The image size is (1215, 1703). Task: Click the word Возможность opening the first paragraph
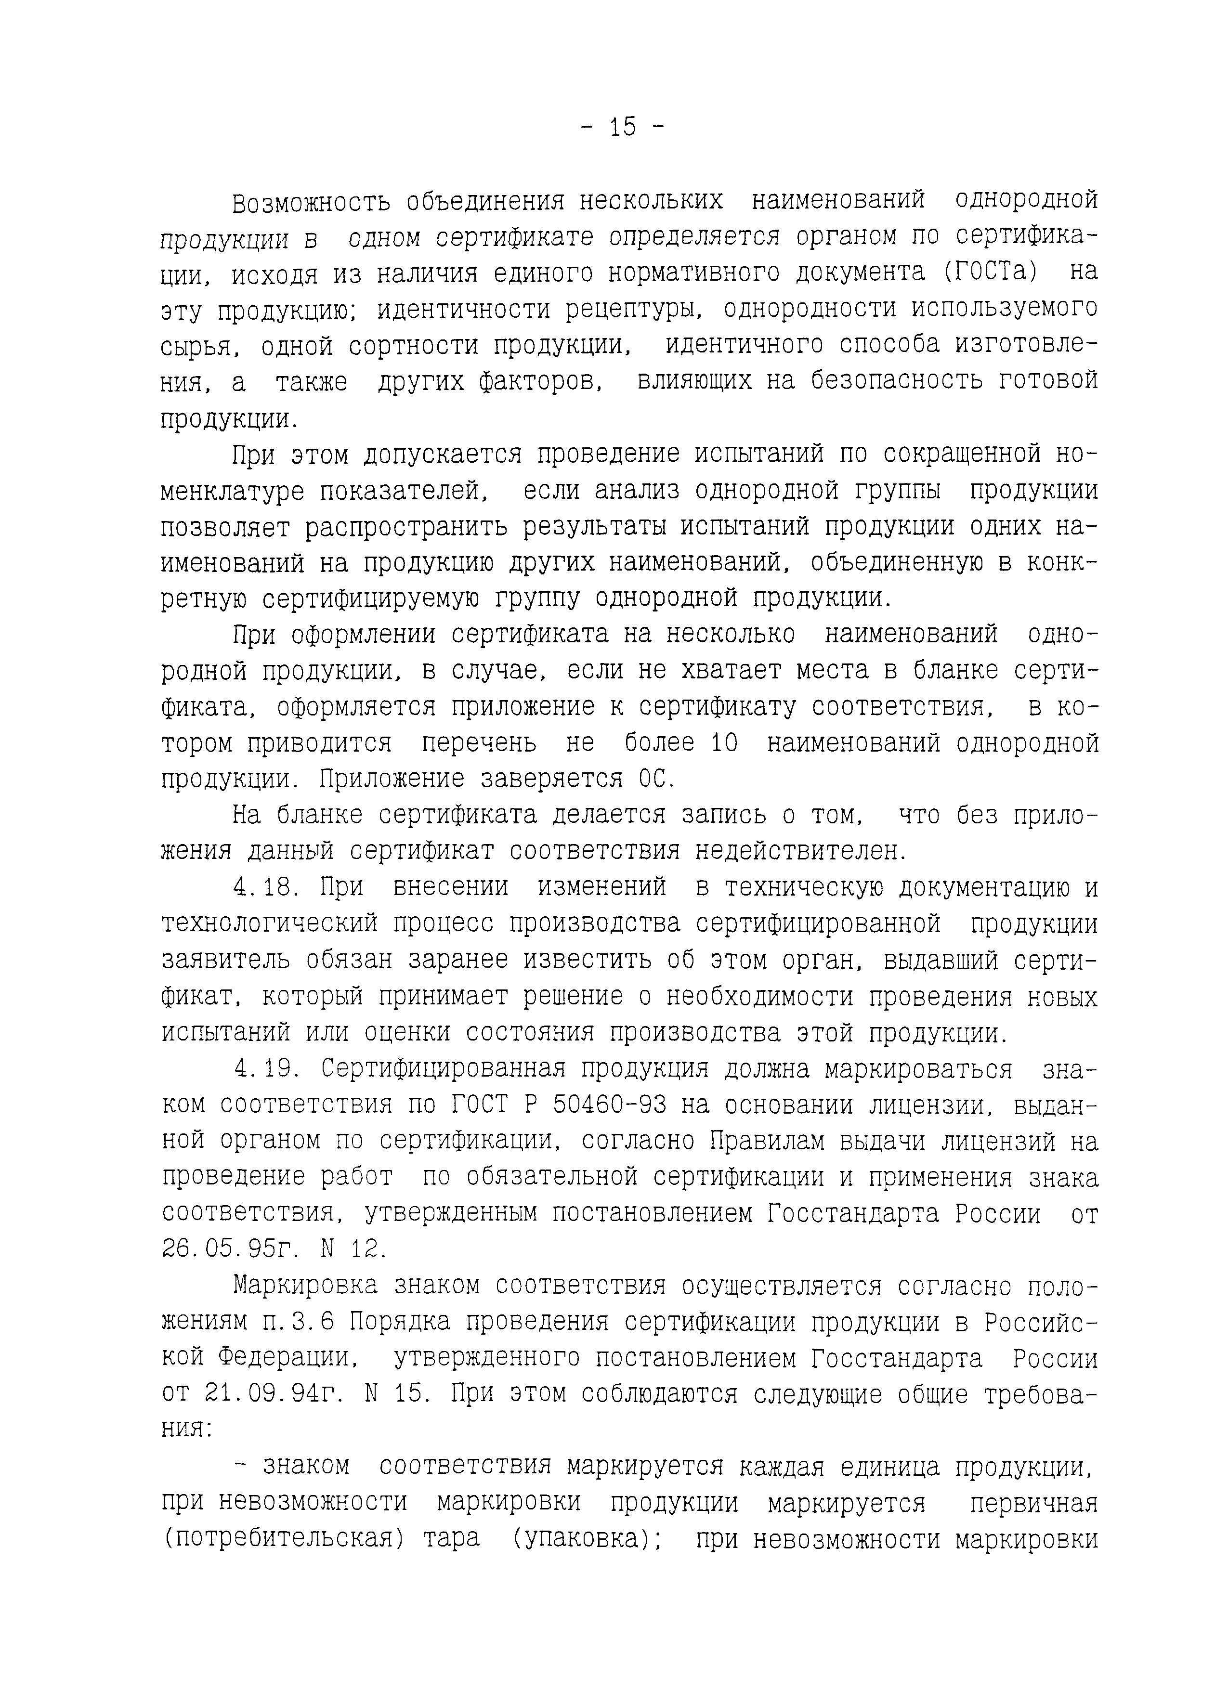point(311,202)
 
